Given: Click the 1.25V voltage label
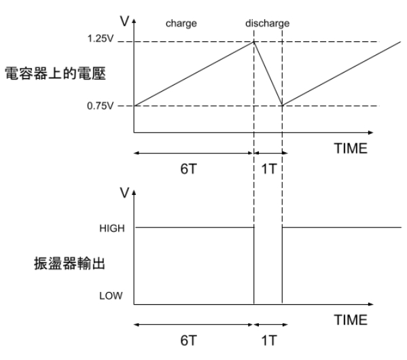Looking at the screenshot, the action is click(x=101, y=39).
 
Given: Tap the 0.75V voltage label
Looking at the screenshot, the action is click(x=100, y=106).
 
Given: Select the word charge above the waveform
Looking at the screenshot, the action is click(x=181, y=24).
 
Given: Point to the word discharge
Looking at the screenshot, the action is click(x=267, y=23).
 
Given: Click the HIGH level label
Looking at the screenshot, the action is click(x=112, y=228).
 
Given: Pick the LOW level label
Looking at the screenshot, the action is click(x=111, y=296).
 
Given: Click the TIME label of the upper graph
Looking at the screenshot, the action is click(x=351, y=149).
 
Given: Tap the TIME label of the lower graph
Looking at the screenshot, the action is click(x=351, y=320).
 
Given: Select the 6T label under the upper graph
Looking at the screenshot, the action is click(x=188, y=169).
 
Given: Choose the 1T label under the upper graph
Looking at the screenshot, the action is click(x=269, y=169).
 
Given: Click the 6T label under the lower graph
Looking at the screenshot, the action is click(x=188, y=340).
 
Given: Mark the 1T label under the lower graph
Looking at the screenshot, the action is click(x=269, y=340).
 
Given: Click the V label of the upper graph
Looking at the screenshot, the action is click(x=124, y=21).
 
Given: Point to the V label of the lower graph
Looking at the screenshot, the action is click(x=124, y=193).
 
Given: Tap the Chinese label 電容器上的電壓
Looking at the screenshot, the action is click(x=55, y=73).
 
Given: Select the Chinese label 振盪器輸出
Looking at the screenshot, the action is click(x=69, y=264).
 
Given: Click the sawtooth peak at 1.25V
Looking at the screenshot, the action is click(x=254, y=42).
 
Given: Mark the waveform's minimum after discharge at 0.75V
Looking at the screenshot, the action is click(x=282, y=105).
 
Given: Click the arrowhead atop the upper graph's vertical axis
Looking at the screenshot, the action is click(x=134, y=21).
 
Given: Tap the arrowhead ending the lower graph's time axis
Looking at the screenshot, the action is click(x=371, y=304).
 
